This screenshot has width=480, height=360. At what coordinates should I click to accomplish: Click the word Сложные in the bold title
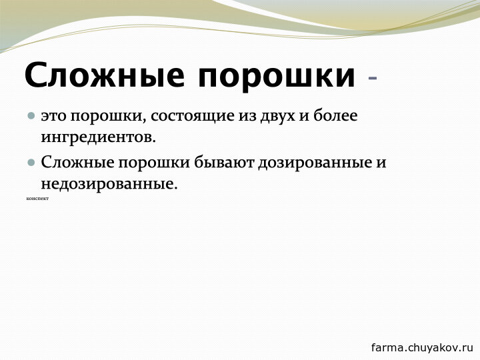click(105, 75)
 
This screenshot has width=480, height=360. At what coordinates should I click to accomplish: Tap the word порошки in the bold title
click(277, 77)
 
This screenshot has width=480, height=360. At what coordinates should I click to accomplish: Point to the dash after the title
click(373, 79)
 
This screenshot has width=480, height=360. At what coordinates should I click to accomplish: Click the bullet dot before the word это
click(31, 116)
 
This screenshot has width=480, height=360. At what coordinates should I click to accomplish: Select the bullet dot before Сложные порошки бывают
click(31, 162)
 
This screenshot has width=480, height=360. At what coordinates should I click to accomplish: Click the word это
click(53, 116)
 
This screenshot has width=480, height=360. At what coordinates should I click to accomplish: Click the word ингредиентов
click(99, 138)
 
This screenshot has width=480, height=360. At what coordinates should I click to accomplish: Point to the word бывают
click(225, 162)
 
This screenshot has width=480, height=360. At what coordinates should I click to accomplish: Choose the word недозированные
click(109, 185)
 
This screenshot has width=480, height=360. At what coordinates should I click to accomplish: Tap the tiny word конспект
click(37, 199)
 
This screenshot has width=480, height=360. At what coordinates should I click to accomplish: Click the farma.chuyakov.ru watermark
click(422, 347)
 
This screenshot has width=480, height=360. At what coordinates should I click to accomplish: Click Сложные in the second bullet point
click(78, 163)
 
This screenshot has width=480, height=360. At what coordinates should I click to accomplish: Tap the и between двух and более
click(304, 116)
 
